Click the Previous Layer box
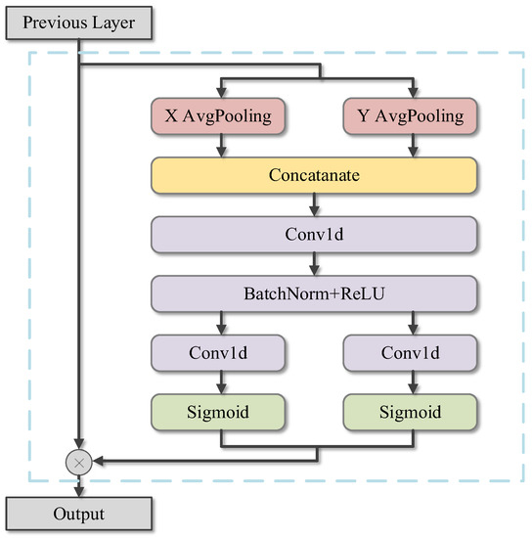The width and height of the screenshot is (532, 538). pos(78,22)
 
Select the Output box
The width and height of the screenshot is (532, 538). pos(78,514)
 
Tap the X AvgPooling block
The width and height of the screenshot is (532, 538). pos(217,117)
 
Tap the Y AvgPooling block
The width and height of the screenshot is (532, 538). pos(409,117)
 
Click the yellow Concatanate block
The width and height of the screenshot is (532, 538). pos(313,176)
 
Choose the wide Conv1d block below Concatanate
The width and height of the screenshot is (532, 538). pos(313,235)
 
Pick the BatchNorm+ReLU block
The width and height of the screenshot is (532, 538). pos(313,292)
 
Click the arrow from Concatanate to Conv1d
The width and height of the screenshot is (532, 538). pos(313,205)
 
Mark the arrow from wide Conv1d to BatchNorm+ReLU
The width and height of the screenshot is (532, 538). pos(313,264)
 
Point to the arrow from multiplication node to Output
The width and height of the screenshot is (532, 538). pos(78,484)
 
